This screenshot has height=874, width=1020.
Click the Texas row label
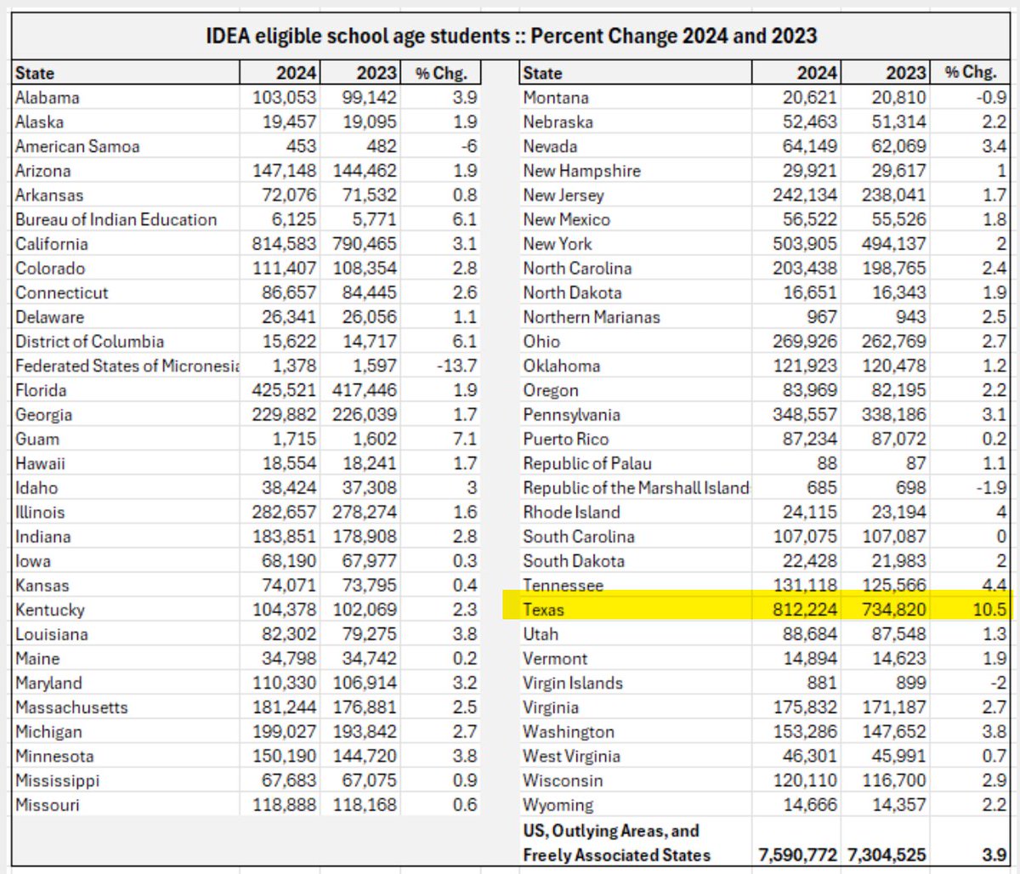(x=544, y=610)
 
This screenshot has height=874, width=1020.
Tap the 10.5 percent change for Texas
(x=990, y=610)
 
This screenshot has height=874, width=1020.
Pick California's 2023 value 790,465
(x=365, y=244)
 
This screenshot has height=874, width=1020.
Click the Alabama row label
(x=48, y=98)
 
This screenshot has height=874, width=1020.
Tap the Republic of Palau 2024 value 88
(x=826, y=463)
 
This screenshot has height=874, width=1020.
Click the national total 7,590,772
(x=797, y=855)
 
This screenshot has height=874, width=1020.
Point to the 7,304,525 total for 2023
(x=886, y=855)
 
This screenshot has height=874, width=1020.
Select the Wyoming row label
(x=558, y=805)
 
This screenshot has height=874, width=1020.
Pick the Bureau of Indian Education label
(x=116, y=219)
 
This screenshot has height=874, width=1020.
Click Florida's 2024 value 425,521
(x=284, y=390)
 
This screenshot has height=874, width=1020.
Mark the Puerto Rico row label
(x=566, y=440)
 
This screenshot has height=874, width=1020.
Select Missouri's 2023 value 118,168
(x=365, y=805)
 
